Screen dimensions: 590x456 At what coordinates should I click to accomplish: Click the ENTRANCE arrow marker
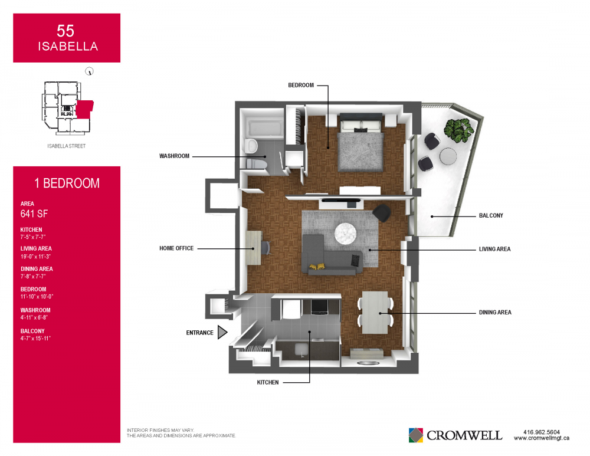coord(222,332)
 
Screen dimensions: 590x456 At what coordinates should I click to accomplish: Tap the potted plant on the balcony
coord(458,130)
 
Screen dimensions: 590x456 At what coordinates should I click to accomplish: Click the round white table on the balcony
coord(448,156)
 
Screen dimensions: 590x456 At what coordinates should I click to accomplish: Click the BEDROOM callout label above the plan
coord(301,86)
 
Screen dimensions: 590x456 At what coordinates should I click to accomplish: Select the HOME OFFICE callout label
coord(176,248)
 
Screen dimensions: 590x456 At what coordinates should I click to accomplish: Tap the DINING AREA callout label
coord(495,312)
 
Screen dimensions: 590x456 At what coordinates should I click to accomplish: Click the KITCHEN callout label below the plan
coord(267,382)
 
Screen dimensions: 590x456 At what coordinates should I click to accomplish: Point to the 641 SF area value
coord(34,214)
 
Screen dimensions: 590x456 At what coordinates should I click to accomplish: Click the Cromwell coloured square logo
coord(416,435)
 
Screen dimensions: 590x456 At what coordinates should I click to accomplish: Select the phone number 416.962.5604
coord(542,432)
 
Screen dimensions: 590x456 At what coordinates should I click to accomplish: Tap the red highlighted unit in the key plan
coord(84,109)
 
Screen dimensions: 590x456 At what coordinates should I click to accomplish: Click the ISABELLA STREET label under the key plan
coord(67,146)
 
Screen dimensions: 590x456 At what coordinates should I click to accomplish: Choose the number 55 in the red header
coord(65,31)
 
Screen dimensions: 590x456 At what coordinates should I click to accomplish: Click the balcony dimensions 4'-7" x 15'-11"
coord(35,338)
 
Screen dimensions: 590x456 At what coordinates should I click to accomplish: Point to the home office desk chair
coord(266,248)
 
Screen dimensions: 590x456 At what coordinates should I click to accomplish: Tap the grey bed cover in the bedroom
coord(360,152)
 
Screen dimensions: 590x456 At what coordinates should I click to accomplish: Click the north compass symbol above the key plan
coord(89,71)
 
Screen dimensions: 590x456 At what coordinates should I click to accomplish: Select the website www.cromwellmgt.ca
coord(542,438)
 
